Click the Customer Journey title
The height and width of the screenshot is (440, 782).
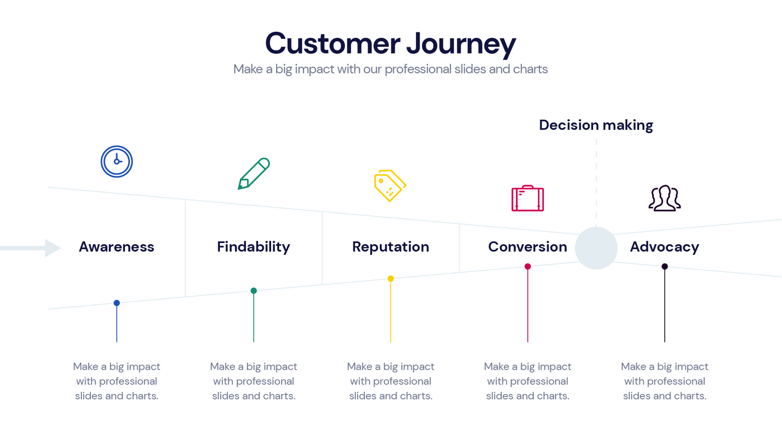click(x=390, y=43)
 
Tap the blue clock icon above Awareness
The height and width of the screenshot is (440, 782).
click(x=116, y=161)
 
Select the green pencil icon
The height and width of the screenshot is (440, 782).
click(x=253, y=174)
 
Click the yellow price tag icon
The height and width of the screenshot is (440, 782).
click(x=390, y=186)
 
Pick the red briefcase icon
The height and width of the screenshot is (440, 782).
click(x=527, y=199)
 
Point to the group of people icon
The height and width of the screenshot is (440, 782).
click(x=665, y=198)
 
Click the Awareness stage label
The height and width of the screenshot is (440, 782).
click(x=116, y=247)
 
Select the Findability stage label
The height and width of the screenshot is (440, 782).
click(x=253, y=247)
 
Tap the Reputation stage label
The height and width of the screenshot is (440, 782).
click(x=390, y=247)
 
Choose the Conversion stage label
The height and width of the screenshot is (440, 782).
click(x=527, y=247)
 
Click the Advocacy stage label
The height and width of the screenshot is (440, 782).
click(x=665, y=247)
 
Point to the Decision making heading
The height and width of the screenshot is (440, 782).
click(x=596, y=125)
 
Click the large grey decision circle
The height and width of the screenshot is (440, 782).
click(x=596, y=248)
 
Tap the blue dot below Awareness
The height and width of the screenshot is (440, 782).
click(x=116, y=303)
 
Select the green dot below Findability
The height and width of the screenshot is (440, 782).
click(x=253, y=291)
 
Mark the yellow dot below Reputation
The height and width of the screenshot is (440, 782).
click(x=390, y=279)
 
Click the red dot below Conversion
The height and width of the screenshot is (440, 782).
click(x=528, y=266)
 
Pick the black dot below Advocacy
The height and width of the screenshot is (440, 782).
click(x=665, y=266)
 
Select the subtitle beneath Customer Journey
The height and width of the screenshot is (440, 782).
click(x=390, y=69)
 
